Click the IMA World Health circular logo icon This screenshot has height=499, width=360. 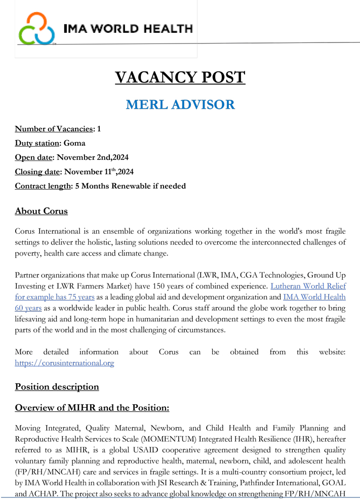[x=36, y=28]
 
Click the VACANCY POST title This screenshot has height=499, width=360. [x=180, y=77]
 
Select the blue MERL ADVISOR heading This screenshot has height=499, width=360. [x=180, y=105]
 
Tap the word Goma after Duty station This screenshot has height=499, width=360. [x=74, y=143]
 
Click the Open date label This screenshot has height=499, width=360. [x=33, y=157]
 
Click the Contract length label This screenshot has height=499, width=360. [x=43, y=186]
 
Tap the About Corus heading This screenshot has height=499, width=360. [x=41, y=211]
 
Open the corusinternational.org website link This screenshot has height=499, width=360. [x=64, y=363]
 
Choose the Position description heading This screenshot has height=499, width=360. [x=57, y=387]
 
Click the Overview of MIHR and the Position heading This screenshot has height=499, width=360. [x=92, y=408]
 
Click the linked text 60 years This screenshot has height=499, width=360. [x=28, y=307]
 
